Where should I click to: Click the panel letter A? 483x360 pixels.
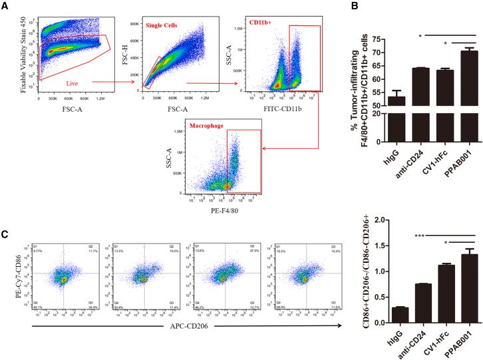pyautogui.click(x=5, y=5)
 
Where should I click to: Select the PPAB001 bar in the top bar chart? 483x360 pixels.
pyautogui.click(x=469, y=96)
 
